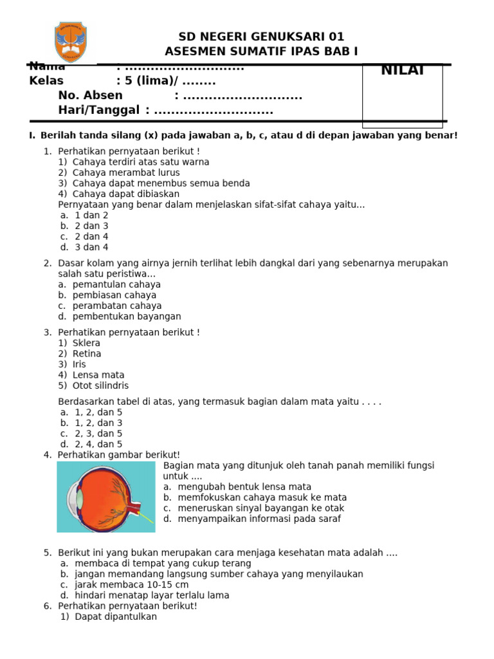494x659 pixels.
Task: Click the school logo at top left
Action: (71, 41)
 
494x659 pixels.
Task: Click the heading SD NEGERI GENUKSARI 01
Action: (261, 37)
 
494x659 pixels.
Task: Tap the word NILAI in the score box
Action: (402, 71)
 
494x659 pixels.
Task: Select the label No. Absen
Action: (90, 96)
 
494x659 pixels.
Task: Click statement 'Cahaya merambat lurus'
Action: (125, 172)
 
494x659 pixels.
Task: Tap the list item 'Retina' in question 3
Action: (86, 354)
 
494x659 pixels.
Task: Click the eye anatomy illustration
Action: (105, 497)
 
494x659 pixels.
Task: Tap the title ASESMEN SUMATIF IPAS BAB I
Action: (261, 51)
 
